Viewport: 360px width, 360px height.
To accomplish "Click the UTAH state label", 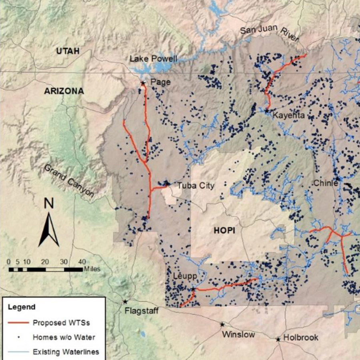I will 68,51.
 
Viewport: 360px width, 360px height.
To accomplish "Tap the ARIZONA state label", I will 64,91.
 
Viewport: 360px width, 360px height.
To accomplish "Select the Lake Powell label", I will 153,59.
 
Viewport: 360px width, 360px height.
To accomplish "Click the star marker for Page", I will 143,83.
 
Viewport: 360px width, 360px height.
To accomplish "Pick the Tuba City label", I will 196,186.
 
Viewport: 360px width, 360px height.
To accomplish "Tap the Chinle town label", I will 326,184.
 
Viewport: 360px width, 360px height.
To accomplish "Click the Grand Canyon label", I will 69,181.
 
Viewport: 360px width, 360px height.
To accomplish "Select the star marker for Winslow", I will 222,324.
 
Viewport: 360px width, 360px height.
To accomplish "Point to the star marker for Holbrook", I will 278,339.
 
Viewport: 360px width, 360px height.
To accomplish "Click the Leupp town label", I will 184,276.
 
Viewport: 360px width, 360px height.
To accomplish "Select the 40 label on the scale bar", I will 82,262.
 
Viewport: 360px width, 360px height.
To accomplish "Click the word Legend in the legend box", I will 22,307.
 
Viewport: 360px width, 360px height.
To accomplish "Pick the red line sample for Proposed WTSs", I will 18,322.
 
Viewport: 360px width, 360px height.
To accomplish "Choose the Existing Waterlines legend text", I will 66,352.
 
